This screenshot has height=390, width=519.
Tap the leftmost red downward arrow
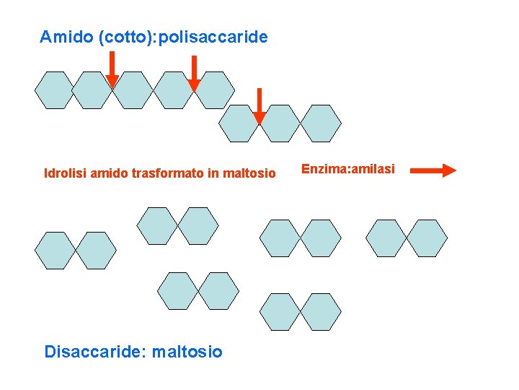[112, 70]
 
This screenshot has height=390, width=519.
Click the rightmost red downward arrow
[260, 106]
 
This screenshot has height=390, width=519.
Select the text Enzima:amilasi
[347, 169]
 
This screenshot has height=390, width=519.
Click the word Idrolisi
[65, 173]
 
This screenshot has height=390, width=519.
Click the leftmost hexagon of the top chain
[55, 90]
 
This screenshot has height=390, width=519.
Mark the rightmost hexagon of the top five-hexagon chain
[216, 90]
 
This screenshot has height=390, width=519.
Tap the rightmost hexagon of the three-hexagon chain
[321, 123]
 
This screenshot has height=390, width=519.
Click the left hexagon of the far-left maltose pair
[55, 251]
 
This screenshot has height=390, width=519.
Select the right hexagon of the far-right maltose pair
[427, 238]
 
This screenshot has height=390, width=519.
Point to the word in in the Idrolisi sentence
[217, 173]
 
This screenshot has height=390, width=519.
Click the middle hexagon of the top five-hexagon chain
[135, 90]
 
